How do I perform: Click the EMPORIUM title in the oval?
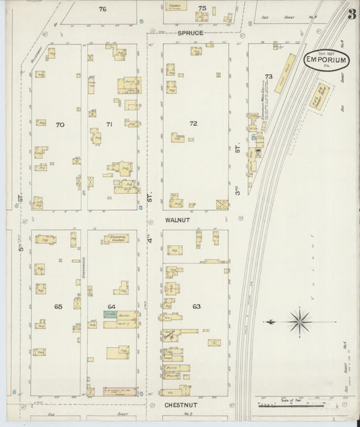[x=327, y=61]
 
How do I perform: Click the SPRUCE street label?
[x=190, y=32]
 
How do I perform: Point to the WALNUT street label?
[x=177, y=220]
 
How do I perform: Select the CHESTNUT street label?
[x=180, y=405]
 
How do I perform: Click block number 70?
[x=60, y=125]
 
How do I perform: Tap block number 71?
[x=109, y=125]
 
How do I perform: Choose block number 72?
[x=194, y=124]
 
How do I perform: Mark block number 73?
[x=269, y=77]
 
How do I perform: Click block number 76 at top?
[x=103, y=9]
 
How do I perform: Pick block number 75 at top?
[x=202, y=8]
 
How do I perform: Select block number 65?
[x=58, y=307]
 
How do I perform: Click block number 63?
[x=197, y=307]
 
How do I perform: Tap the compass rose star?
[x=299, y=320]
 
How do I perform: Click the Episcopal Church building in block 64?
[x=115, y=238]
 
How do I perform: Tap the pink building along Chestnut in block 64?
[x=120, y=391]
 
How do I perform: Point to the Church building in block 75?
[x=177, y=7]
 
